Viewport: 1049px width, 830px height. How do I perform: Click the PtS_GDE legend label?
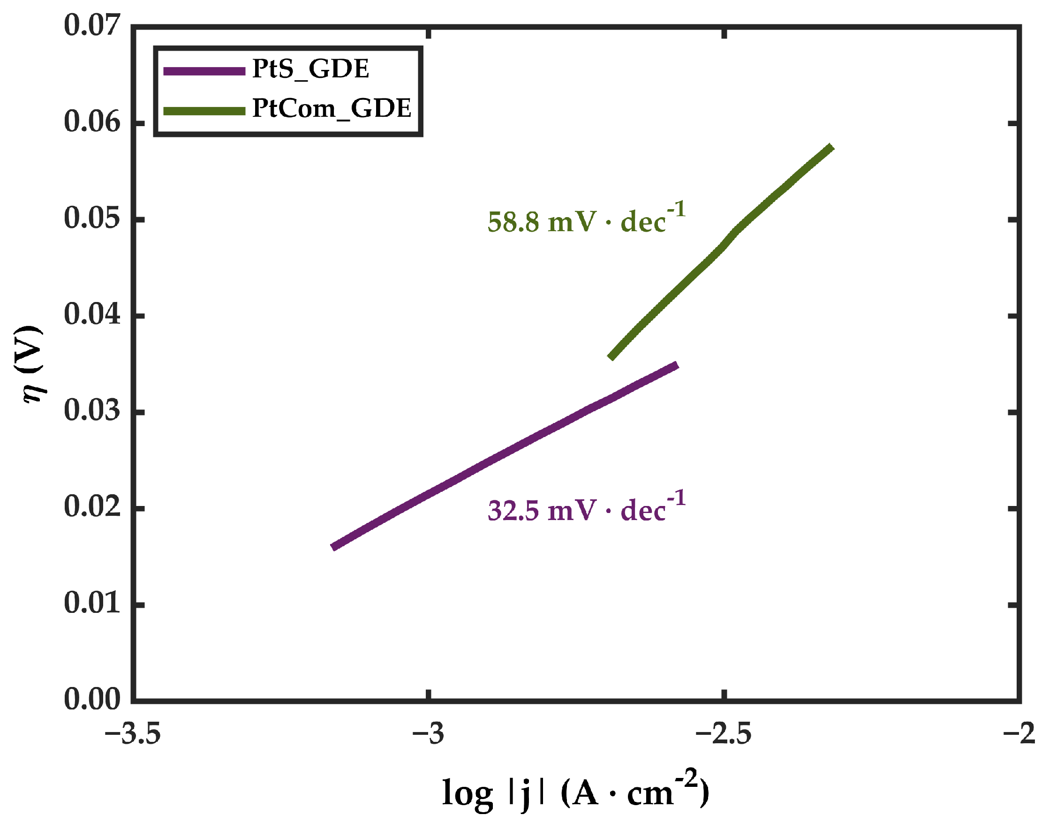coord(310,69)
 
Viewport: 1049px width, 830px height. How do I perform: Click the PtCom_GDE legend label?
coord(332,109)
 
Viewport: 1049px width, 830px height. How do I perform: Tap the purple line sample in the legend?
coord(204,71)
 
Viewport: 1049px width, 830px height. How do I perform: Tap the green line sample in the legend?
coord(204,111)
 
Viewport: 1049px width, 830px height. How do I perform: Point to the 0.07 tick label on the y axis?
coord(92,25)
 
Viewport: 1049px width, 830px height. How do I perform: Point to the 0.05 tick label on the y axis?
coord(92,218)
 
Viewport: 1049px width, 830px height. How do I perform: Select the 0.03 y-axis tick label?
coord(92,411)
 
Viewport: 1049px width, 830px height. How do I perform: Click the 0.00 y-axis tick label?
coord(92,700)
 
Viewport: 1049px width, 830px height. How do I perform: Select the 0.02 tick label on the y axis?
coord(92,507)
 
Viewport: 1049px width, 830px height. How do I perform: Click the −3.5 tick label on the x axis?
coord(132,734)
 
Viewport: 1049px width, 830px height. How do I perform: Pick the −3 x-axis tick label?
coord(428,734)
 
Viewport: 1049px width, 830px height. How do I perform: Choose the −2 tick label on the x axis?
coord(1019,734)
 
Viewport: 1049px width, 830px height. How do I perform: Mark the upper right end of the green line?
coord(831,147)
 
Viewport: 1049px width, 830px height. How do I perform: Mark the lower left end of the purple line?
coord(334,547)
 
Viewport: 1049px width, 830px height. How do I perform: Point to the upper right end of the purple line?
coord(676,365)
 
